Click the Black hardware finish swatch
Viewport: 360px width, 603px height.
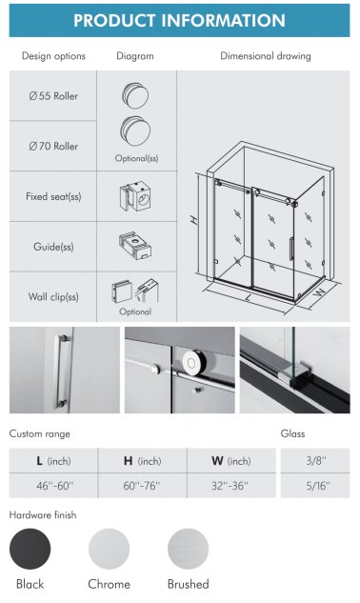(x=30, y=549)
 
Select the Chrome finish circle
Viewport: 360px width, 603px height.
(x=109, y=549)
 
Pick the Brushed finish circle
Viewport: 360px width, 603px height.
(x=188, y=549)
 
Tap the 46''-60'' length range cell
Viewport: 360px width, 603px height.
(x=54, y=486)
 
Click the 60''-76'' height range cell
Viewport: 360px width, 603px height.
(x=142, y=486)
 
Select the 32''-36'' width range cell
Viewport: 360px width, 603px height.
(x=231, y=486)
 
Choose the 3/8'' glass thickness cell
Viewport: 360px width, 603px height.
(x=315, y=460)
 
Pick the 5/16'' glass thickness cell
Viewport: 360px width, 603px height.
(x=315, y=486)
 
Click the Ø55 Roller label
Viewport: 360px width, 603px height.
(x=53, y=96)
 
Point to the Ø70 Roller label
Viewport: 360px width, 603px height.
(x=53, y=146)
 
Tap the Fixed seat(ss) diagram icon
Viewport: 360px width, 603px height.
(x=135, y=196)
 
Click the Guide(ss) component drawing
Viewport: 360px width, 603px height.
(x=135, y=246)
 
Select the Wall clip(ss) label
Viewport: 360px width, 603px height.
(x=53, y=297)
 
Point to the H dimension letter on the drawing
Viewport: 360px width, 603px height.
(x=194, y=220)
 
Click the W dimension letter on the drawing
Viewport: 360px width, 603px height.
(x=319, y=291)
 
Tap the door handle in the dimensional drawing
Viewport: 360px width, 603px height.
(x=291, y=249)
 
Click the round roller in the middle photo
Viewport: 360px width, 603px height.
(x=191, y=361)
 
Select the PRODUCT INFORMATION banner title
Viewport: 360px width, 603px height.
(x=180, y=20)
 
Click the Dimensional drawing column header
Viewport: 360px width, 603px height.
(x=266, y=56)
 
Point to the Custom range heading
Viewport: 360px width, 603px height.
(x=40, y=433)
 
